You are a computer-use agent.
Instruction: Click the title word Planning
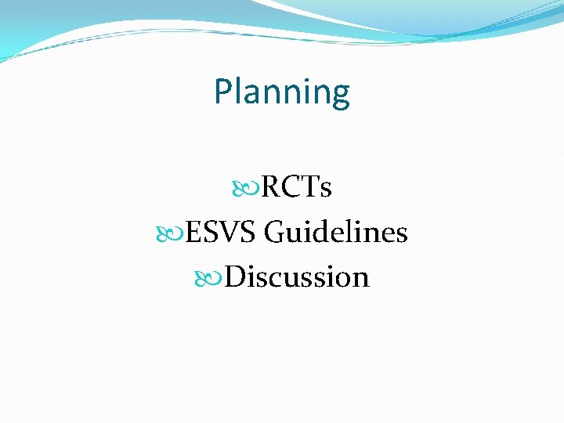282,92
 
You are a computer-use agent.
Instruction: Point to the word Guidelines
336,233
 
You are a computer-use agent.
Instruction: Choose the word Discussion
297,277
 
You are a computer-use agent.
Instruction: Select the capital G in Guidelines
275,233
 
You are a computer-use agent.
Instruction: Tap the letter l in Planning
240,91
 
